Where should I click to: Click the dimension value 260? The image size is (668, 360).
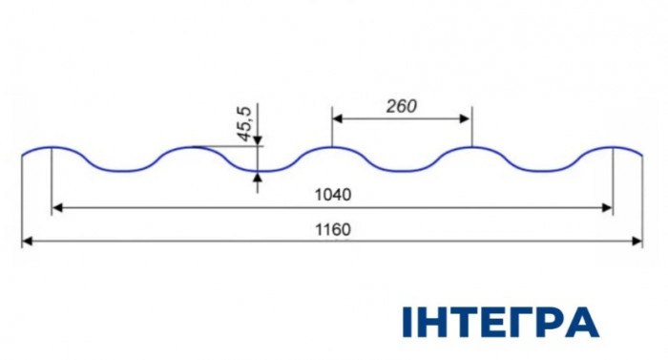(402, 106)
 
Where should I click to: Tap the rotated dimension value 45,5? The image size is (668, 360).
(245, 124)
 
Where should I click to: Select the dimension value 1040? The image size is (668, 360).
(333, 195)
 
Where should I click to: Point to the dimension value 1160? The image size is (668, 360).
(333, 229)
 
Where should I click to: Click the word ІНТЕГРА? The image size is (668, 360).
(501, 322)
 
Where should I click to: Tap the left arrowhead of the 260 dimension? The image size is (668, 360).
(338, 118)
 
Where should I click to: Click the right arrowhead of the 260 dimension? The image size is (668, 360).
(466, 118)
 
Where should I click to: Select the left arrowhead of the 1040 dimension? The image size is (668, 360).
(57, 208)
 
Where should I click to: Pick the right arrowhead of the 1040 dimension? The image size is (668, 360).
(608, 208)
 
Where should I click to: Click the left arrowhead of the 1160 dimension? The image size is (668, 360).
(28, 242)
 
